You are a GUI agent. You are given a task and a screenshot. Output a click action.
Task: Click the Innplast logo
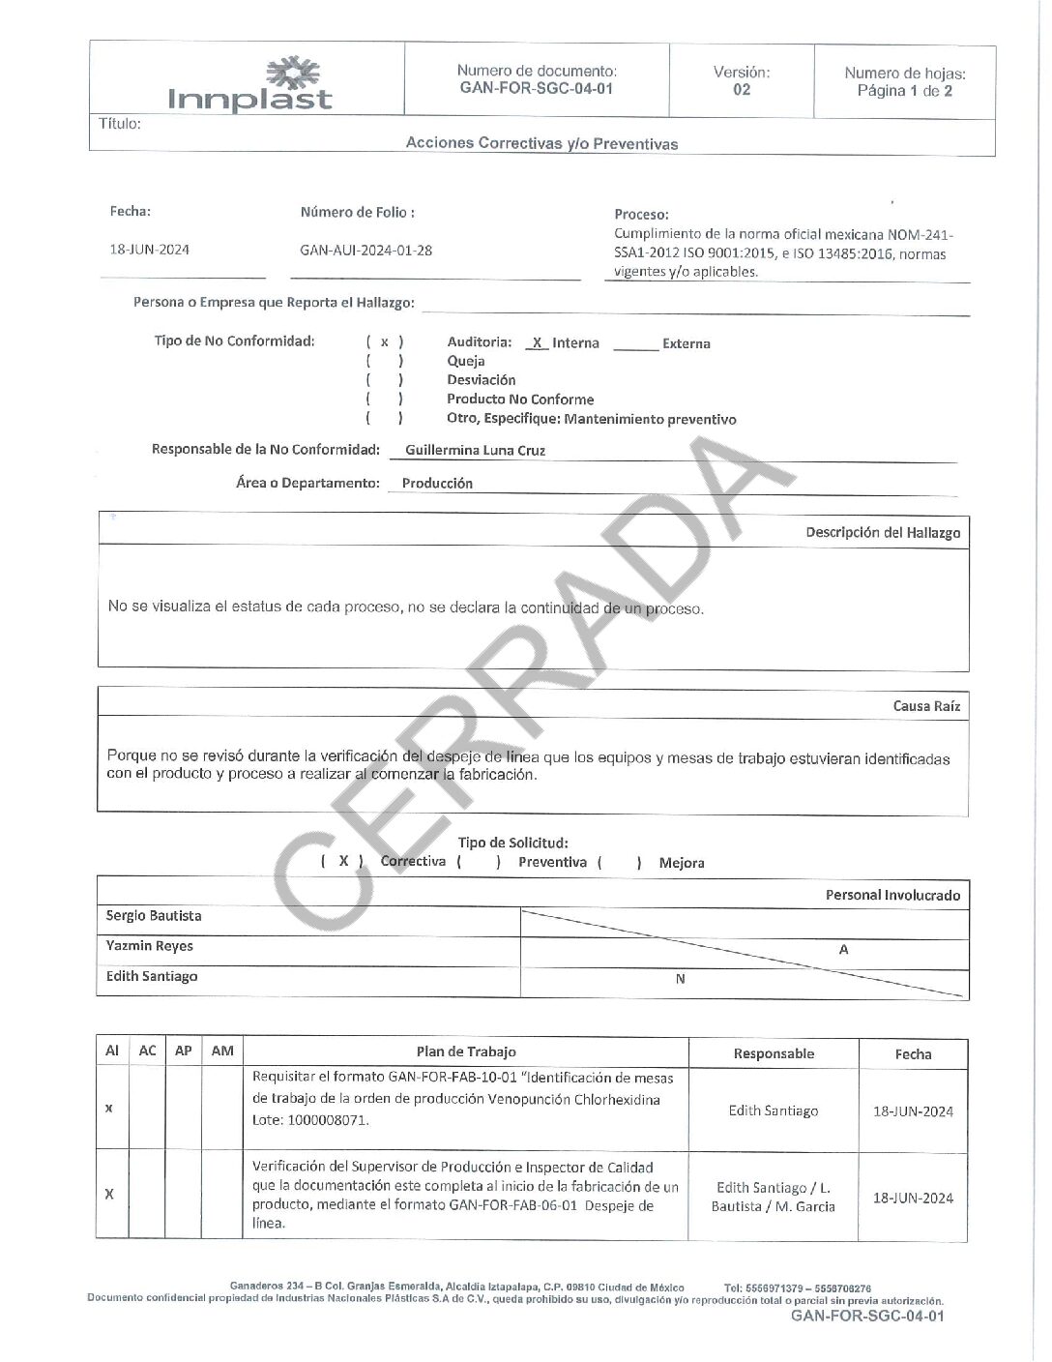point(249,84)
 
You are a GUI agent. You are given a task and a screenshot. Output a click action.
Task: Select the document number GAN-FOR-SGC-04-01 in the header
point(537,88)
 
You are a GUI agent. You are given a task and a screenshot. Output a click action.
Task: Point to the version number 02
point(742,90)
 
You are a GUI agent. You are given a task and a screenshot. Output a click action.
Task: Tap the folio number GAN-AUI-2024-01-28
point(365,251)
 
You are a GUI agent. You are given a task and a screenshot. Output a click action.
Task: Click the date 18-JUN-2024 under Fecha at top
point(150,250)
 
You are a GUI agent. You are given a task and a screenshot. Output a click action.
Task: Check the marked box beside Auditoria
point(385,342)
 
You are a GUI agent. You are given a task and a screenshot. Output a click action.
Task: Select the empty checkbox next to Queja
point(385,361)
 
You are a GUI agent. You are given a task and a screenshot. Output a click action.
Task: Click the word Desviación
point(481,380)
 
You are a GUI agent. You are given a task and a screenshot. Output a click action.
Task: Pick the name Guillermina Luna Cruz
point(475,450)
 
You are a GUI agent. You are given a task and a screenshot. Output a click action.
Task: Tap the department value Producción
point(437,484)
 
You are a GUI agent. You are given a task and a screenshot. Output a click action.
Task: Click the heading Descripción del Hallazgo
point(883,532)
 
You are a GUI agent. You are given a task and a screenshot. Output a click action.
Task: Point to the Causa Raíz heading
point(926,706)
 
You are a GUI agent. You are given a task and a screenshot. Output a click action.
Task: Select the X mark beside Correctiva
point(343,861)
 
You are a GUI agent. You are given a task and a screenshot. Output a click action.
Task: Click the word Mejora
point(682,863)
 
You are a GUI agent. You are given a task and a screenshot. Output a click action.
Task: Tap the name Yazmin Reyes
point(150,946)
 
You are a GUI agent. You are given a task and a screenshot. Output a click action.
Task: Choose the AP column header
point(184,1051)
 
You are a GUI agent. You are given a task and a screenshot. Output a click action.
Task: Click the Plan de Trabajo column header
point(466,1051)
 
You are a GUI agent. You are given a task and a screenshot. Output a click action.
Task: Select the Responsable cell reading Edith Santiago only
point(774,1110)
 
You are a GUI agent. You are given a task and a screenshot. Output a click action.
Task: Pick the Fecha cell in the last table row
point(913,1198)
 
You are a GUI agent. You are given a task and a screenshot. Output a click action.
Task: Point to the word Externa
point(687,343)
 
